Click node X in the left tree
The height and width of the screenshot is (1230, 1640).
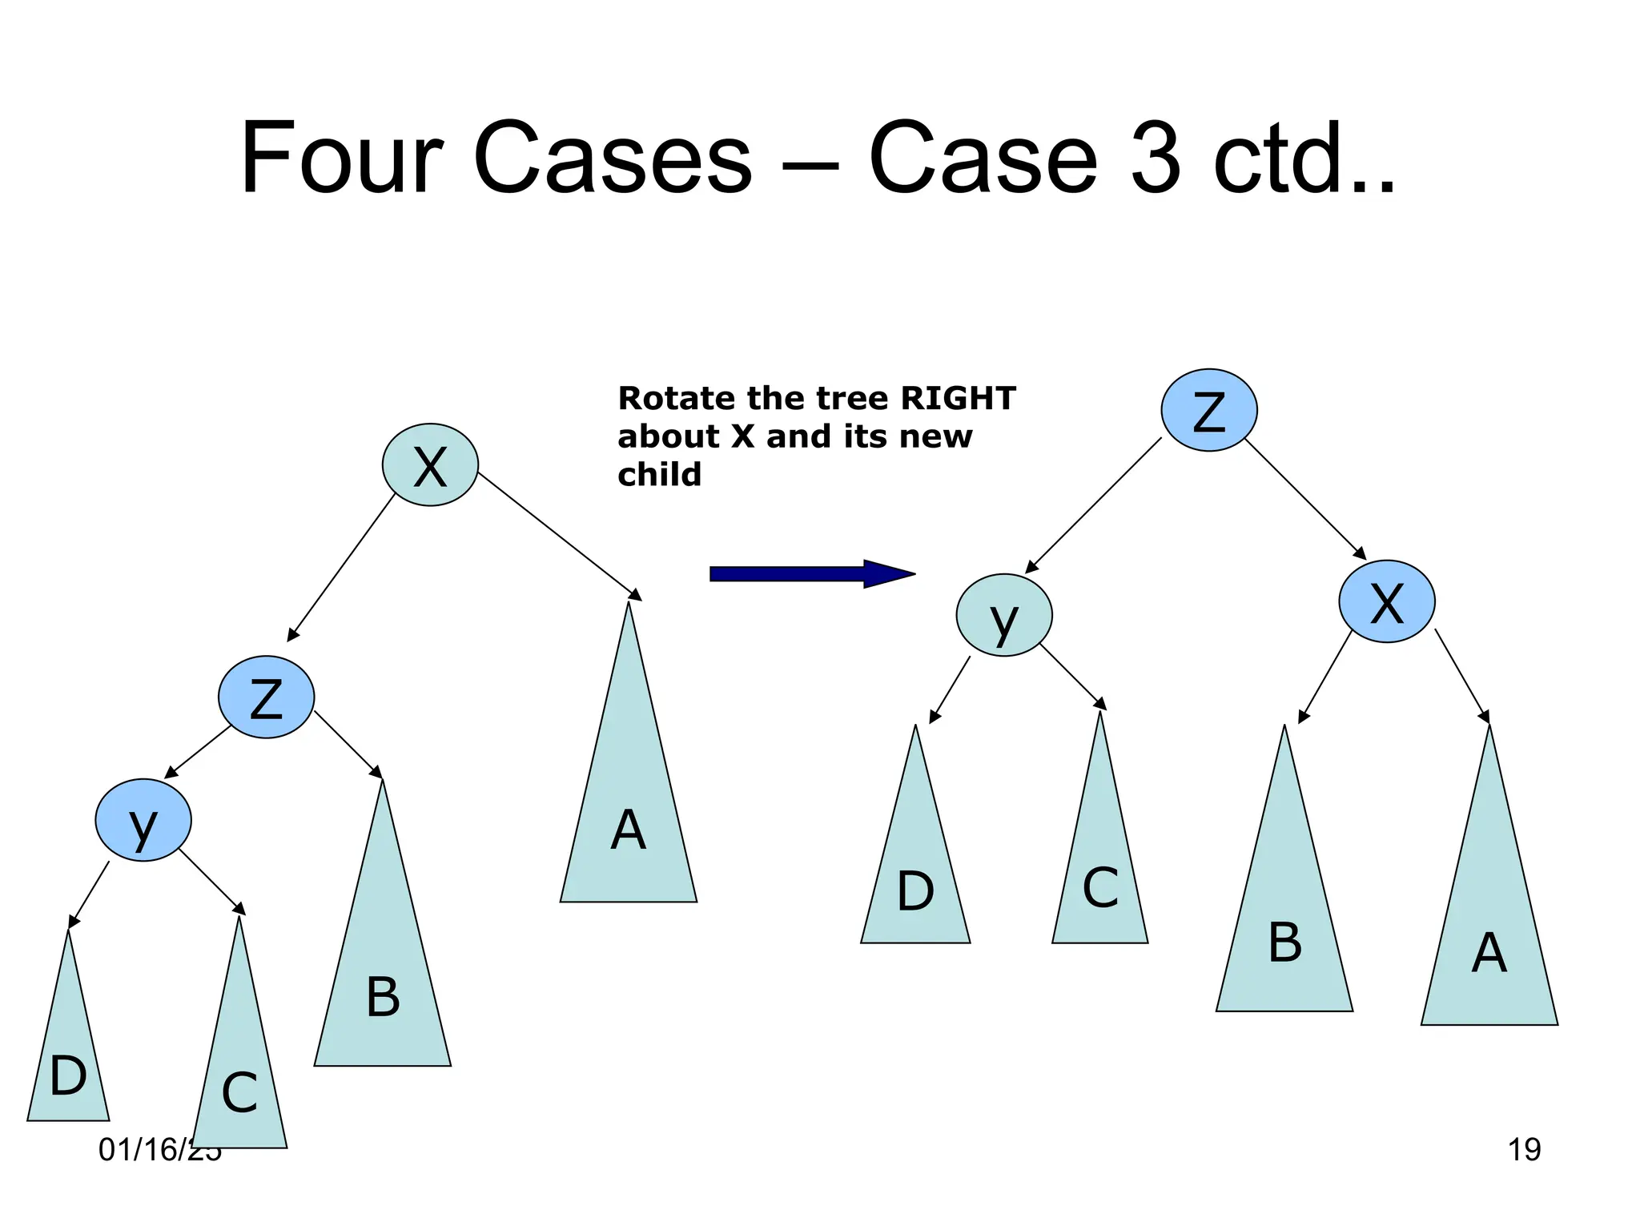coord(430,465)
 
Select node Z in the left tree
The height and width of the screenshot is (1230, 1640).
coord(266,697)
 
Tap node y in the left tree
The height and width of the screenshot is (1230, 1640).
coord(143,820)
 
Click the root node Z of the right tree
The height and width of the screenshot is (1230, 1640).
coord(1209,410)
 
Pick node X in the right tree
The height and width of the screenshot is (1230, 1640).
coord(1387,601)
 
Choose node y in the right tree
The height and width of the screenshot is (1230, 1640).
coord(1004,615)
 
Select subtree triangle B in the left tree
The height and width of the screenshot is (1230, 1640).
coord(383,985)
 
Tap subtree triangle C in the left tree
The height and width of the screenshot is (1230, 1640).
coord(239,1081)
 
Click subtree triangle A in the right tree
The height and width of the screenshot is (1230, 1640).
coord(1489,945)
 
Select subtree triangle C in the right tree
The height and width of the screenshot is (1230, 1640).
coord(1100,881)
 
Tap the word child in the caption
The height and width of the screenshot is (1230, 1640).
coord(659,475)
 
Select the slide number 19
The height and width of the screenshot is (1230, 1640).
coord(1524,1150)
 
